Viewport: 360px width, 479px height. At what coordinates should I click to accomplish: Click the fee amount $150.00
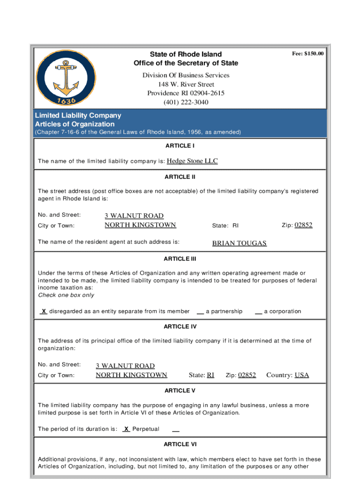coord(308,54)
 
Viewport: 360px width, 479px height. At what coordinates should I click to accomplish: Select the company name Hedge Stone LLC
coord(192,161)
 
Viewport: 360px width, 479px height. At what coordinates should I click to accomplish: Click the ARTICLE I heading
coord(180,145)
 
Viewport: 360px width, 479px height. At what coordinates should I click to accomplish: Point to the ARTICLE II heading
coord(180,177)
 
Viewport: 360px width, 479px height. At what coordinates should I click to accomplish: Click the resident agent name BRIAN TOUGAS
coord(239,243)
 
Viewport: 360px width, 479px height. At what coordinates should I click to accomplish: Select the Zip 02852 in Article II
coord(303,225)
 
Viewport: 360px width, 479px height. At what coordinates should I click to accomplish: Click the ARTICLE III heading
coord(180,259)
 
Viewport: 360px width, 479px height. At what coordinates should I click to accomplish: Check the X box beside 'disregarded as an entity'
coord(43,311)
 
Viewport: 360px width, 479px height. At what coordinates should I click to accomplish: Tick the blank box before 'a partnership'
coord(200,312)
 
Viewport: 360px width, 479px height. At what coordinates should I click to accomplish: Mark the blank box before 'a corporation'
coord(258,312)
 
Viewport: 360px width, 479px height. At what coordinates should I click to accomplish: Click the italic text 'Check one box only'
coord(66,295)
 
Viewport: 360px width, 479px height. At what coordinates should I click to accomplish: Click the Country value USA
coord(302,375)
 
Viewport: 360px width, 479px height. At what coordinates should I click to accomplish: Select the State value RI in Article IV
coord(210,375)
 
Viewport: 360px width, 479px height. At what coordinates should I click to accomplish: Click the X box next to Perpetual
coord(126,428)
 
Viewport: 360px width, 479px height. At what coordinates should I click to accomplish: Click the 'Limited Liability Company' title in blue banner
coord(78,115)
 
